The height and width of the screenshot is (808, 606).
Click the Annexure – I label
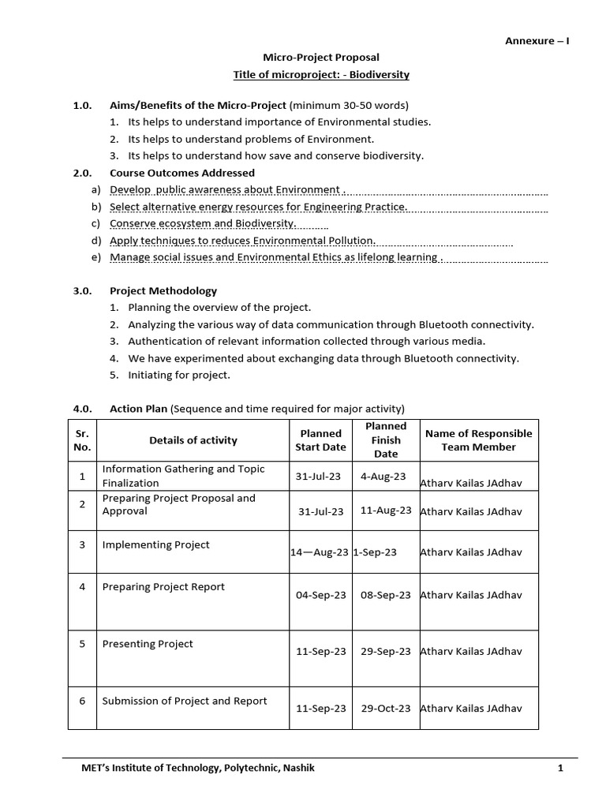(x=537, y=41)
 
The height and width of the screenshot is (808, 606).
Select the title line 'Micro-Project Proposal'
(x=320, y=58)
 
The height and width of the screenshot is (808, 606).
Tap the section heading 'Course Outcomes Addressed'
(x=182, y=173)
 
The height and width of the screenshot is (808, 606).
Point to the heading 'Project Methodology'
(x=163, y=291)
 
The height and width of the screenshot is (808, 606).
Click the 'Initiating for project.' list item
(x=179, y=376)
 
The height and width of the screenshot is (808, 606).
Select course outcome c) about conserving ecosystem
(x=208, y=223)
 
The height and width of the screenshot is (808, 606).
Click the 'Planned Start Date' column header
(x=320, y=440)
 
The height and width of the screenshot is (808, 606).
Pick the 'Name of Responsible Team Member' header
(x=478, y=440)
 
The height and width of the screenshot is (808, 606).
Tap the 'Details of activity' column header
(x=193, y=440)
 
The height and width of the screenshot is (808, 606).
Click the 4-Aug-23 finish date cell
(x=383, y=477)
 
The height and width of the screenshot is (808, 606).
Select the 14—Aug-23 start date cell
(x=320, y=552)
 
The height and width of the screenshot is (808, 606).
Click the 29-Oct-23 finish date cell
(x=386, y=709)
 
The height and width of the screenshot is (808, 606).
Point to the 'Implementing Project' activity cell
(x=156, y=545)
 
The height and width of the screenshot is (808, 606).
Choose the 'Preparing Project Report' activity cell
(x=163, y=587)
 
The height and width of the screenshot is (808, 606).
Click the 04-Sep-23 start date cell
(x=320, y=595)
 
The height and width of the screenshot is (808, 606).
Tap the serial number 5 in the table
(x=82, y=644)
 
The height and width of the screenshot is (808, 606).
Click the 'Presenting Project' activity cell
(x=148, y=644)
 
